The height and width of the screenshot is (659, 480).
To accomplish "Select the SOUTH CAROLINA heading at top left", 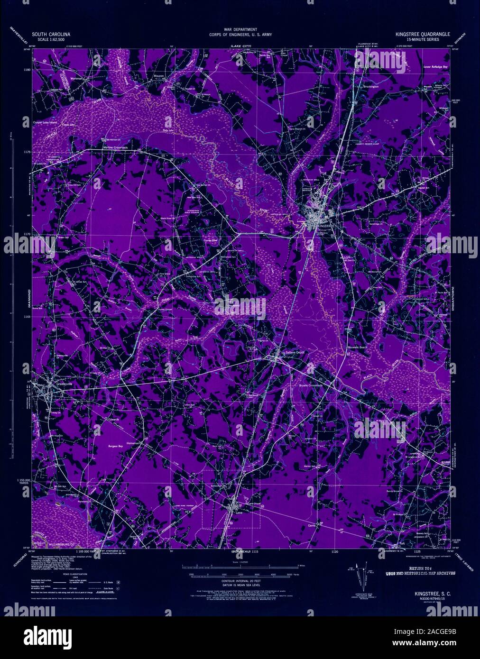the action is [51, 35].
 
